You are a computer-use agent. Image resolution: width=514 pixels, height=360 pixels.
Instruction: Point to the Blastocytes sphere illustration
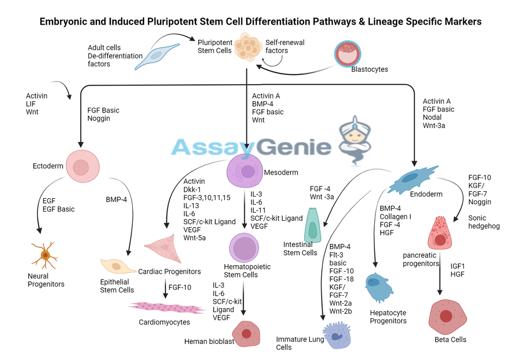coord(348,54)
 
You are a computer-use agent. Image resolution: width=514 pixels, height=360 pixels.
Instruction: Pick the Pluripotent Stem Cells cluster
coord(247,47)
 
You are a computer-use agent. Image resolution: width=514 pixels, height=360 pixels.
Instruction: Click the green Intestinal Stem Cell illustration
coord(313,226)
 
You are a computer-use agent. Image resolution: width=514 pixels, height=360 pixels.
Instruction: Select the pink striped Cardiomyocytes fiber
coord(164,307)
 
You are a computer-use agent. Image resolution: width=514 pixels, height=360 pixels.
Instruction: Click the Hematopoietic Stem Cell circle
coord(245,248)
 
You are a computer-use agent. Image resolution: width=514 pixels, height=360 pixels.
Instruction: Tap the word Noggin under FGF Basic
coord(99,118)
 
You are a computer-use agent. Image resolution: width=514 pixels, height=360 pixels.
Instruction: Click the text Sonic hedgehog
coord(484,222)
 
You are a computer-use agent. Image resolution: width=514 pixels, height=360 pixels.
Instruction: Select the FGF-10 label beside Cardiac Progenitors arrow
coord(179,288)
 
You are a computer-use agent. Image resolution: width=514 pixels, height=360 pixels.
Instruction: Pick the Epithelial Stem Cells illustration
coord(118,266)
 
